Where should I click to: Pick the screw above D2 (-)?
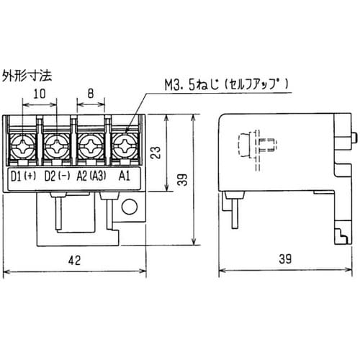(57, 150)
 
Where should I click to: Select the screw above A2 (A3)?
(91, 150)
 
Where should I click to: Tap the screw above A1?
(124, 150)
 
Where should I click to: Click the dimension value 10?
(40, 94)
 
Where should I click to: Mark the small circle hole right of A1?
(130, 209)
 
